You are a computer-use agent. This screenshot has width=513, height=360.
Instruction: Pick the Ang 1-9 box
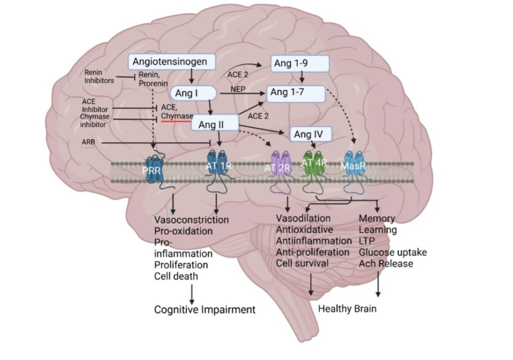click(300, 64)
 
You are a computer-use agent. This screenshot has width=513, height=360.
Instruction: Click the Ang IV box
click(311, 134)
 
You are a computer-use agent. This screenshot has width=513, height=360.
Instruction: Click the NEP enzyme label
click(237, 89)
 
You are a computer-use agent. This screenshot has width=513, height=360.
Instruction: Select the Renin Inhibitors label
click(99, 76)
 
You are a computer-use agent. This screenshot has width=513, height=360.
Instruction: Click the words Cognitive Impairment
click(205, 309)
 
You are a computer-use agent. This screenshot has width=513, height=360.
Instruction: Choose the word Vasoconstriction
click(191, 220)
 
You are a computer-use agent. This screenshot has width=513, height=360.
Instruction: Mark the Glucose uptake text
click(393, 252)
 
